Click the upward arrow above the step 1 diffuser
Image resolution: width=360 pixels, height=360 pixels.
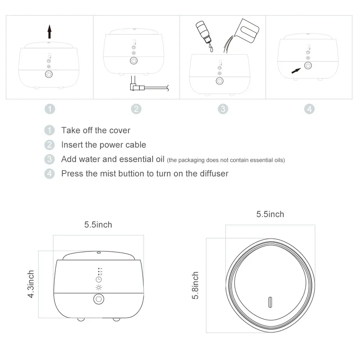[49, 32]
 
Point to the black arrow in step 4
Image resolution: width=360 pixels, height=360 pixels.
[296, 71]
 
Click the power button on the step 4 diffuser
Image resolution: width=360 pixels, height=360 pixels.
[308, 66]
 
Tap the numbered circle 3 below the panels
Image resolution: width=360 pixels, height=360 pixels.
[223, 109]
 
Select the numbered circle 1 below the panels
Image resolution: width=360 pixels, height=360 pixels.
[50, 109]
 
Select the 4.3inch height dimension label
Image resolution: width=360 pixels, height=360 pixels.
[31, 284]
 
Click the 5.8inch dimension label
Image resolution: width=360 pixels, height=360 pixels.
[195, 285]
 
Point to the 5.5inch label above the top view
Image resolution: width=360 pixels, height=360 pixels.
[270, 214]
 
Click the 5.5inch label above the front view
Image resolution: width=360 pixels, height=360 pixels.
[98, 225]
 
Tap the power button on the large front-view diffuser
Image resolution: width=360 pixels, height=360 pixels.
[99, 299]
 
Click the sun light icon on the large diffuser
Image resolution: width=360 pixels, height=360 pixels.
[99, 287]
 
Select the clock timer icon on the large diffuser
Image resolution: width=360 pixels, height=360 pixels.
[99, 279]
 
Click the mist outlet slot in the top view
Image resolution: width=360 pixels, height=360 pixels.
[270, 302]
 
